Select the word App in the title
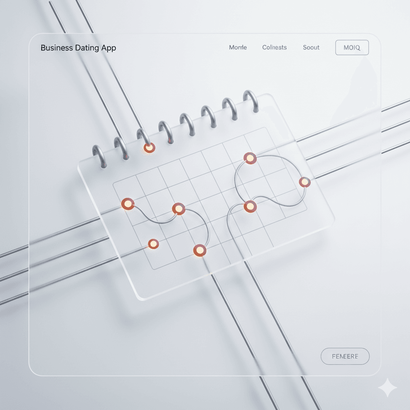click(x=109, y=48)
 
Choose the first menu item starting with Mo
click(x=238, y=47)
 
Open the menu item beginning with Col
click(x=274, y=47)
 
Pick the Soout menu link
click(x=311, y=47)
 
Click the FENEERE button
click(x=345, y=356)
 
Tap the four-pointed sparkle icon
click(x=387, y=387)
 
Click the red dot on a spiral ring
click(x=149, y=148)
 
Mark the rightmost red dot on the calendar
click(x=305, y=182)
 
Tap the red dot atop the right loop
click(x=250, y=158)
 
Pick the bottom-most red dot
click(x=199, y=250)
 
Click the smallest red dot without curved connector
click(x=153, y=243)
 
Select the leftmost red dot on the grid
click(x=127, y=204)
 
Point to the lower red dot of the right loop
click(x=249, y=206)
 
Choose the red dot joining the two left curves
click(x=178, y=209)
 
